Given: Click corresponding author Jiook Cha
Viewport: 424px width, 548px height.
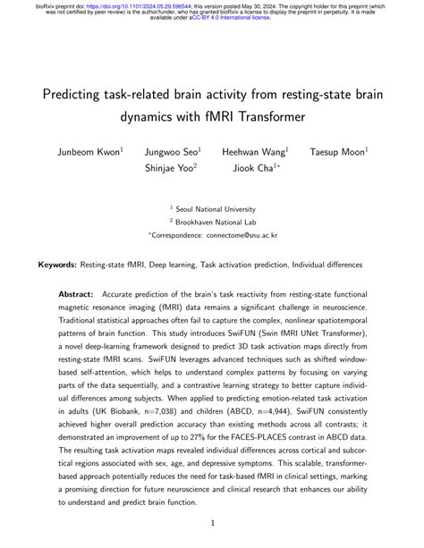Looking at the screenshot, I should (253, 167).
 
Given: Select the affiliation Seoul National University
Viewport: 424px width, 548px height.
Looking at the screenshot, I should (215, 206).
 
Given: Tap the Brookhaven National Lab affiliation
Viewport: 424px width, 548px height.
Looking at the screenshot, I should (215, 220).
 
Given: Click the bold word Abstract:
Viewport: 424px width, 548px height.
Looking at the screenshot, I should (76, 293).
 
